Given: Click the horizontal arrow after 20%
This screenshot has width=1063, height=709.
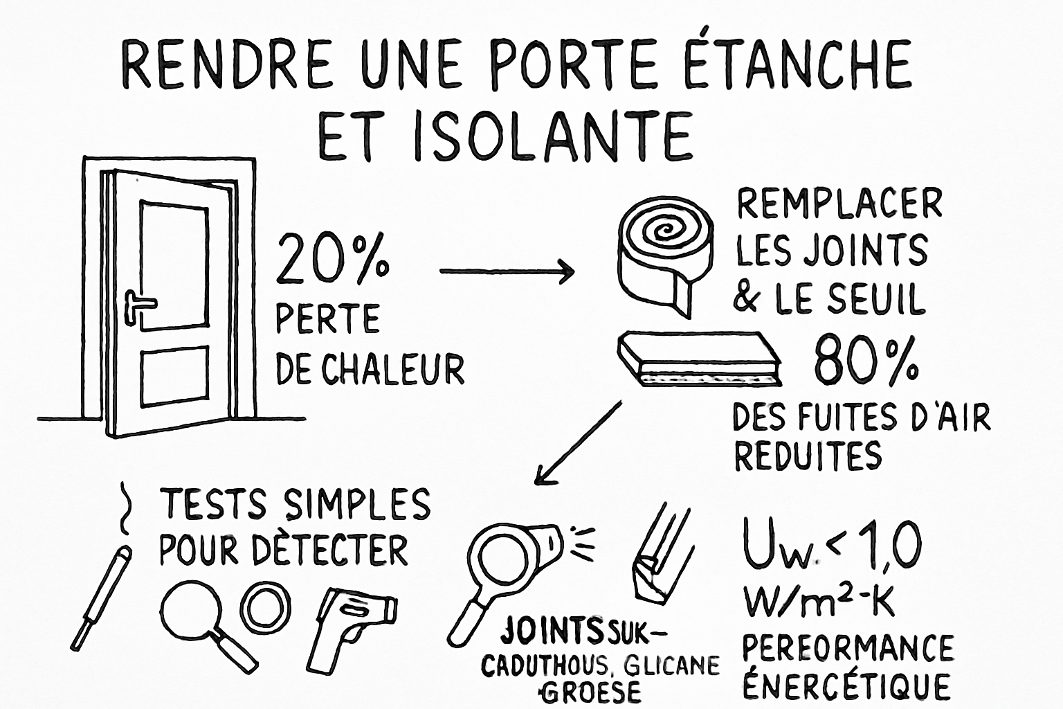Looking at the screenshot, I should (507, 271).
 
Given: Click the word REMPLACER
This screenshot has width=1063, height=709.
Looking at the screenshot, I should (839, 204).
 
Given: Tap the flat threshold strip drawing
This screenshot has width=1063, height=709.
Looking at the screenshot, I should (699, 360).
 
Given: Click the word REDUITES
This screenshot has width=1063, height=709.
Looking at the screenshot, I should (808, 456).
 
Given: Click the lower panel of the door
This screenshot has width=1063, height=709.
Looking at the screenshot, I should (174, 378).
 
